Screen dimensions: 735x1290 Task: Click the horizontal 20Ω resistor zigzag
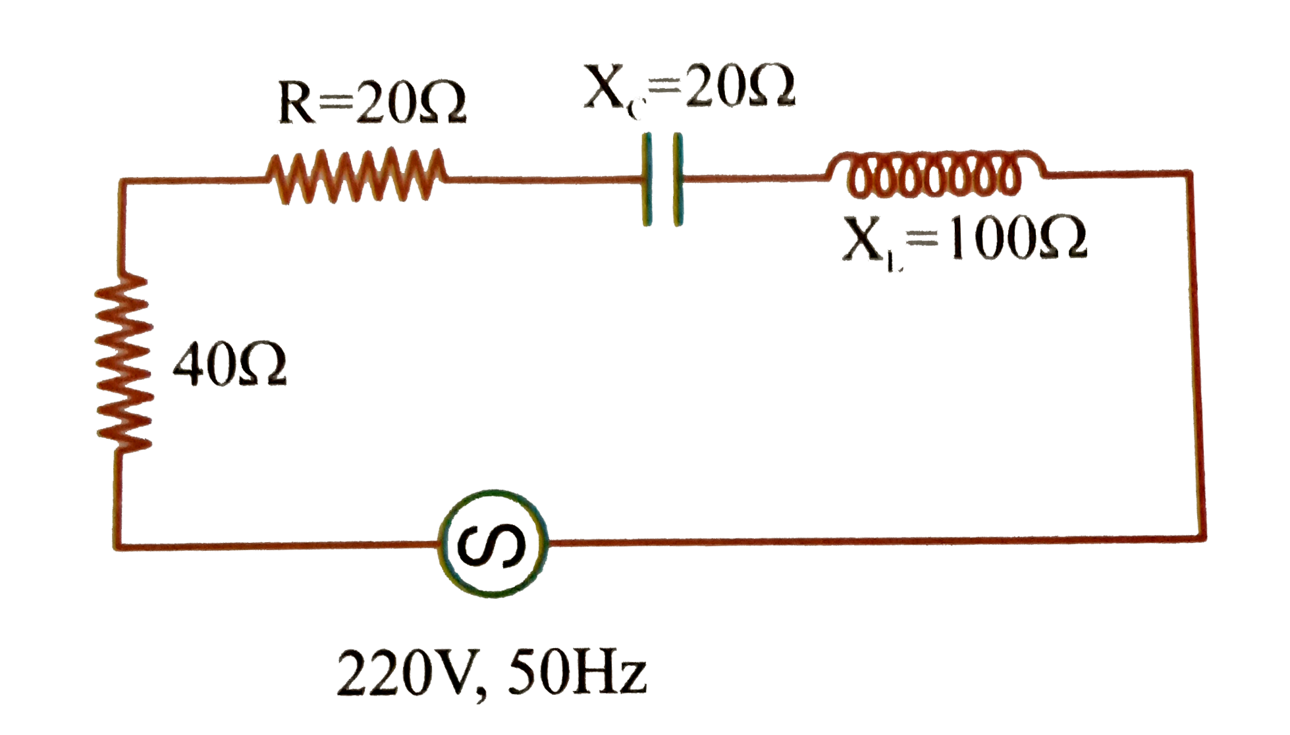[x=356, y=174]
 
